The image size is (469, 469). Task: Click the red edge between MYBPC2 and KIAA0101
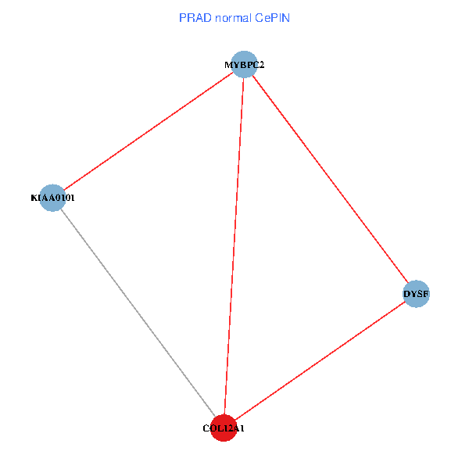pyautogui.click(x=149, y=131)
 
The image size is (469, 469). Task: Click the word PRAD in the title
pyautogui.click(x=194, y=17)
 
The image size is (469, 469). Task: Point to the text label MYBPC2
pyautogui.click(x=245, y=65)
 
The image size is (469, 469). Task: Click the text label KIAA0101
pyautogui.click(x=53, y=199)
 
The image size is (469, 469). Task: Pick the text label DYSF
pyautogui.click(x=416, y=295)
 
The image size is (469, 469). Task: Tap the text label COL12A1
pyautogui.click(x=224, y=428)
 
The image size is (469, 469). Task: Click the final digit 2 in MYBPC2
pyautogui.click(x=262, y=65)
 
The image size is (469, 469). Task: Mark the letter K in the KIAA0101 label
pyautogui.click(x=34, y=199)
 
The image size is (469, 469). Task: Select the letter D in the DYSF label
pyautogui.click(x=406, y=295)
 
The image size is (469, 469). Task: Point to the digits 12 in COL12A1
pyautogui.click(x=225, y=428)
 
